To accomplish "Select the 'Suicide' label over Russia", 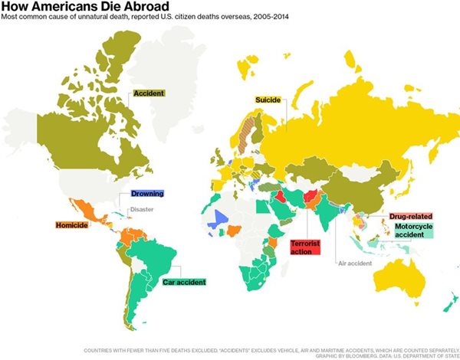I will tap(268, 100).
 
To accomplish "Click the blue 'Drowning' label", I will tap(146, 194).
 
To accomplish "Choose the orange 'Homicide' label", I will tap(74, 226).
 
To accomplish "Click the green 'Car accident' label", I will tap(184, 282).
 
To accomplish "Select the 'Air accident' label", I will tap(355, 263).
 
